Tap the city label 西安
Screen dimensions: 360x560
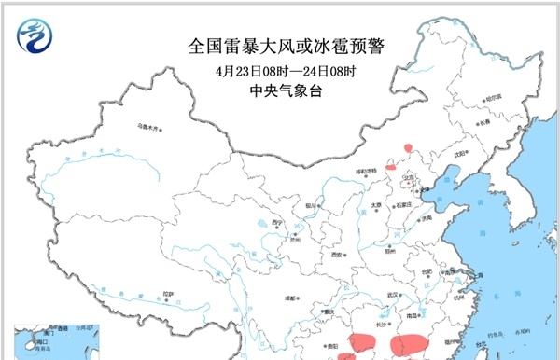(336, 254)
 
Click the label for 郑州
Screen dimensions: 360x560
(377, 250)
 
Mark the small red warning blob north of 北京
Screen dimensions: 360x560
(408, 147)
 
